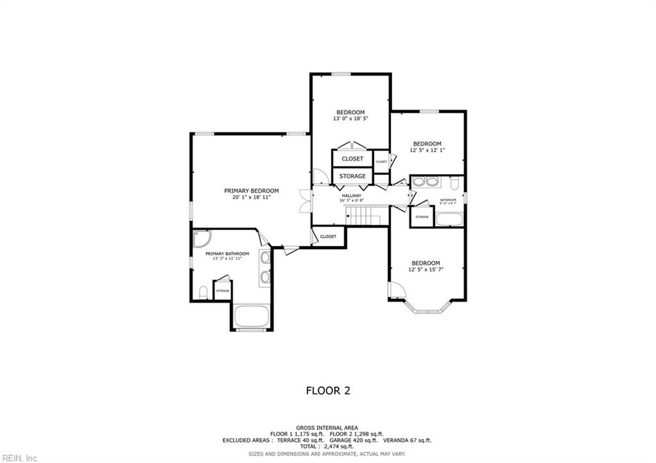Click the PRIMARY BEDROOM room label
pyautogui.click(x=251, y=191)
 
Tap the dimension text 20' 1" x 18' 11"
pyautogui.click(x=251, y=198)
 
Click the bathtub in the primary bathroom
pyautogui.click(x=252, y=316)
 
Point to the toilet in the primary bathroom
pyautogui.click(x=203, y=293)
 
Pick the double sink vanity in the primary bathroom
pyautogui.click(x=265, y=267)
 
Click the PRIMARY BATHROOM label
pyautogui.click(x=227, y=254)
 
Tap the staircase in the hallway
pyautogui.click(x=363, y=216)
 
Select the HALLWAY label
pyautogui.click(x=351, y=195)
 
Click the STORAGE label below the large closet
pyautogui.click(x=352, y=176)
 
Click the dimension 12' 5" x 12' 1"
pyautogui.click(x=427, y=150)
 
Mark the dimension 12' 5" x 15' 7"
pyautogui.click(x=425, y=270)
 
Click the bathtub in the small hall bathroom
pyautogui.click(x=449, y=219)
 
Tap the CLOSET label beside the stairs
pyautogui.click(x=328, y=236)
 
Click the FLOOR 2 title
pyautogui.click(x=327, y=390)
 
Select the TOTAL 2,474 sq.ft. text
pyautogui.click(x=327, y=447)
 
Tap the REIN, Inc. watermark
pyautogui.click(x=20, y=457)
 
